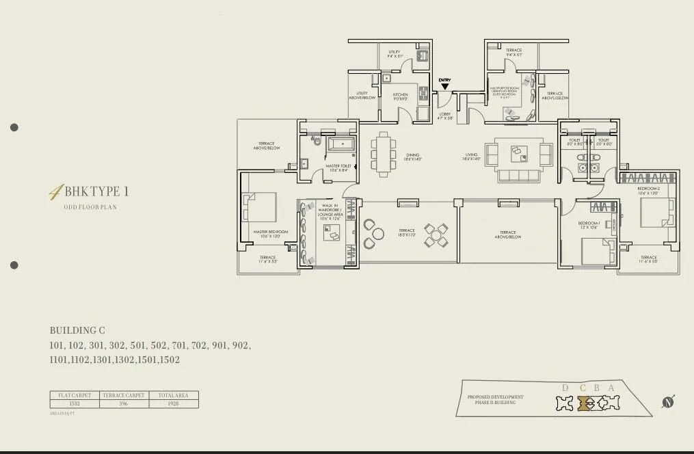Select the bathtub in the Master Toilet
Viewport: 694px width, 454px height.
click(x=340, y=144)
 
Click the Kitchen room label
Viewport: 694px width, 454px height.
click(x=401, y=96)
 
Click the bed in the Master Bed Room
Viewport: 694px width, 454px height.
click(x=259, y=206)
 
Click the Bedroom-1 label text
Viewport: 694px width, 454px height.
click(x=589, y=224)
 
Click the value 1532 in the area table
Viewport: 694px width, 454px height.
click(x=75, y=403)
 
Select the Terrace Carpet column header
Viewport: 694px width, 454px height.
click(x=124, y=395)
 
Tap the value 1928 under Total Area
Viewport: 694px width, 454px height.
click(x=174, y=403)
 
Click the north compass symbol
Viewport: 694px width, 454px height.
click(x=668, y=402)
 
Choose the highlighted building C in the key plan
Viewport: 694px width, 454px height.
click(x=583, y=403)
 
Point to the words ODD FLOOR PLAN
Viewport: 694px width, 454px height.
click(x=90, y=206)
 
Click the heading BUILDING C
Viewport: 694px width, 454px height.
click(x=77, y=330)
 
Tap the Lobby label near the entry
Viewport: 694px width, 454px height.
click(x=445, y=116)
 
